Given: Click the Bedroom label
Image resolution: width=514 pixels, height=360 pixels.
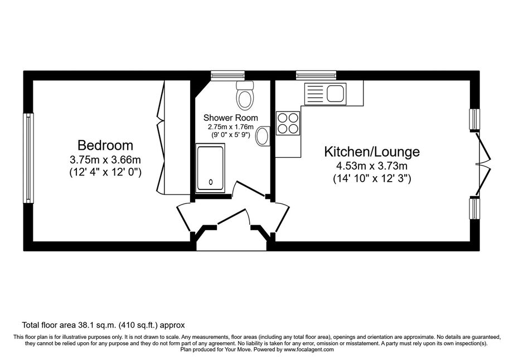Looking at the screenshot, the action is tap(105, 145).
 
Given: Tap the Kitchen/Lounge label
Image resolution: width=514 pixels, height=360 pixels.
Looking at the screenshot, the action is tap(372, 152).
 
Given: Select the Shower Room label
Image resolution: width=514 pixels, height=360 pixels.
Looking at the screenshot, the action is tap(231, 118).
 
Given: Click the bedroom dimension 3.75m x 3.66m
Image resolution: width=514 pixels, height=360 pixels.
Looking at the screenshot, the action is tap(105, 160).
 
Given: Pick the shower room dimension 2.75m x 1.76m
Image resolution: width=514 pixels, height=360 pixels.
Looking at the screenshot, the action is tap(231, 127).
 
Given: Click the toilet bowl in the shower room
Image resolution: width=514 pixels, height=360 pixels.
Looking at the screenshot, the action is tap(245, 99).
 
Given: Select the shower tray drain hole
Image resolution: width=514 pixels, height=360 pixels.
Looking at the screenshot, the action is tap(211, 182).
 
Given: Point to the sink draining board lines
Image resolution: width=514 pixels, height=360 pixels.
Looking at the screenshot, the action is tap(315, 94).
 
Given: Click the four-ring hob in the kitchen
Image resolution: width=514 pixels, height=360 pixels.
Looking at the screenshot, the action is tap(288, 123).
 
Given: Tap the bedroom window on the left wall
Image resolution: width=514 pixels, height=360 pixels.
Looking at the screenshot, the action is tap(28, 158).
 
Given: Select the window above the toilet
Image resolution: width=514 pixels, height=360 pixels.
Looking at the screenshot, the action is tap(228, 76).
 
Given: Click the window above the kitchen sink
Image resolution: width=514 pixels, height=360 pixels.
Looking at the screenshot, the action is tap(316, 76).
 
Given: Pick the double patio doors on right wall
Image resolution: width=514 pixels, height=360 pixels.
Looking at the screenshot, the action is tap(484, 164).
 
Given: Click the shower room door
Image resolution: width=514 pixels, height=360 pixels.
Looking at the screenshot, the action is tap(250, 189).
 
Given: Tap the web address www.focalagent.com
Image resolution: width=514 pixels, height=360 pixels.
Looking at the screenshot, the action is tap(309, 349).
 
